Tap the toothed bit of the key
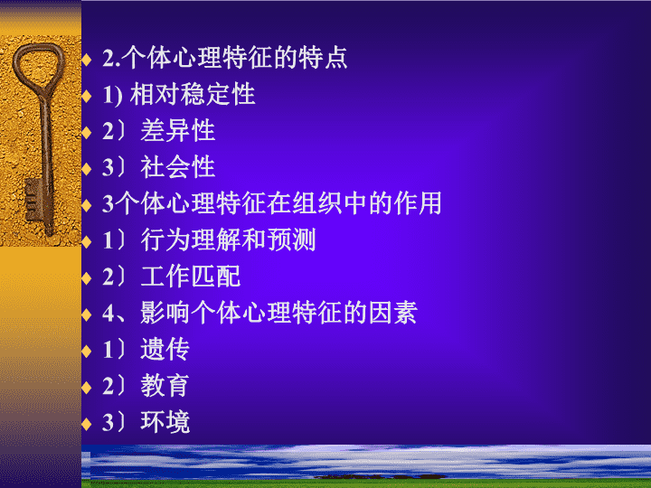32,199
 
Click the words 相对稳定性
193,94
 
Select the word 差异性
178,131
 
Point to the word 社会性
178,167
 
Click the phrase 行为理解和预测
229,239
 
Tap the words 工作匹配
191,277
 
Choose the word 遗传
165,349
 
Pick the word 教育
165,386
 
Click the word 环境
165,422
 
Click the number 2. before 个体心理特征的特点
111,59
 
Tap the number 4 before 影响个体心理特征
108,314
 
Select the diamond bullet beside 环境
87,424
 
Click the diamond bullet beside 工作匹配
87,278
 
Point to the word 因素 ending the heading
392,313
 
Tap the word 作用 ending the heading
418,203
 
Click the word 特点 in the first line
323,58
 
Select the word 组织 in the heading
317,203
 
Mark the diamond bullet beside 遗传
87,351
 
